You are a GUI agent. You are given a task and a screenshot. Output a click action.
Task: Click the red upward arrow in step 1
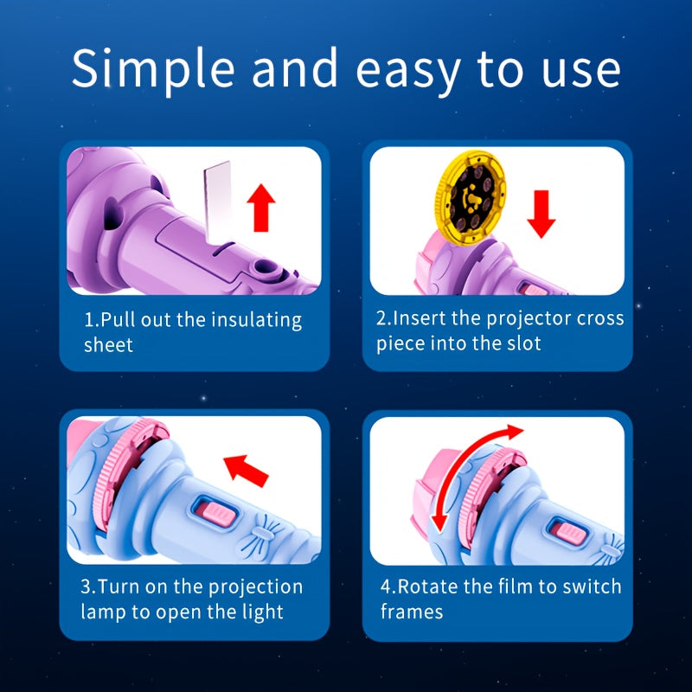pos(261,208)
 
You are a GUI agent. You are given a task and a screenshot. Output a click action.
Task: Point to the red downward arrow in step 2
pos(541,214)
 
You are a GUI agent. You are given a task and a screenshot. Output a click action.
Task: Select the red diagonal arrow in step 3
pos(246,471)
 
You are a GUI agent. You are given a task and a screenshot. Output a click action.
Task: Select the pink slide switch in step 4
pos(571,533)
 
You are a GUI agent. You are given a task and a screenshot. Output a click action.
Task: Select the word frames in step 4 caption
pos(412,612)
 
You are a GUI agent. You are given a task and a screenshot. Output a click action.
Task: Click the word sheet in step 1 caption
pos(109,345)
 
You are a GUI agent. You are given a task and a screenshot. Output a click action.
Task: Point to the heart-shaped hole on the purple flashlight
pos(112,214)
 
